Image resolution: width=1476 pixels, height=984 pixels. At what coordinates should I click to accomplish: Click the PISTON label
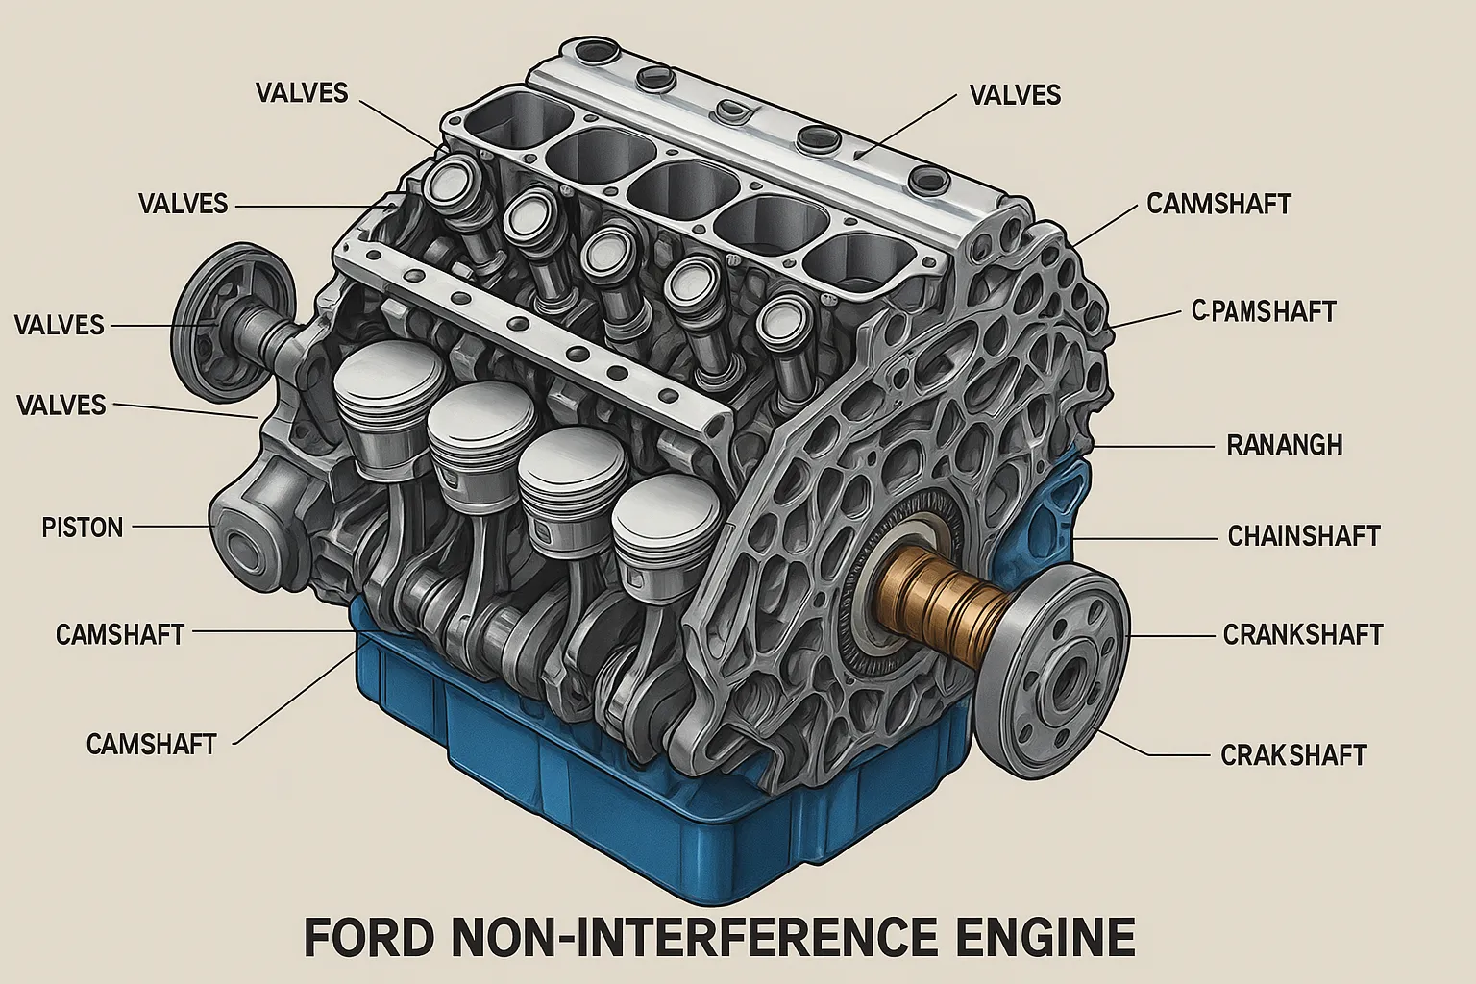point(83,528)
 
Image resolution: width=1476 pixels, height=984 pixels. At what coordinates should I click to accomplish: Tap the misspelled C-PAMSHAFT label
point(1263,311)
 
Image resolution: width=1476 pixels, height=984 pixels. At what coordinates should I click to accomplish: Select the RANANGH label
point(1284,445)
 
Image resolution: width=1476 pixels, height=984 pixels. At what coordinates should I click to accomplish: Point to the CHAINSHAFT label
point(1303,535)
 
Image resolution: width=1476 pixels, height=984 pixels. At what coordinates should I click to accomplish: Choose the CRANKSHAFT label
point(1302,635)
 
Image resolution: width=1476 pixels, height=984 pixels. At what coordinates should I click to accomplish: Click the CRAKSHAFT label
point(1292,755)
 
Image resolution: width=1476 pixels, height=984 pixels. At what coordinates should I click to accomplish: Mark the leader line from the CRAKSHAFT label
point(1153,750)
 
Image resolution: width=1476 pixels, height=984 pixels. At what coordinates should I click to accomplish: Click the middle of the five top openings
point(673,187)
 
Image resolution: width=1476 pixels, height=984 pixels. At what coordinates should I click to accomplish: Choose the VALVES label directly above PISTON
point(61,405)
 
